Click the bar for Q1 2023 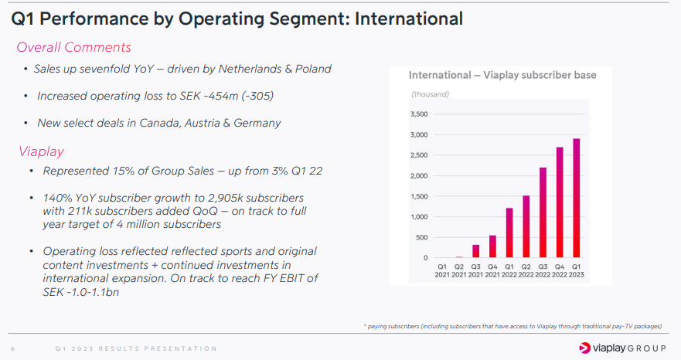click(577, 199)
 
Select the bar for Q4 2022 click(560, 202)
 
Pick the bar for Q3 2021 click(476, 251)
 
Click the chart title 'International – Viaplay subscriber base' click(502, 75)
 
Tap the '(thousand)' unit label click(430, 94)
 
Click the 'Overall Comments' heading click(73, 47)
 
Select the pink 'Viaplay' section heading click(41, 151)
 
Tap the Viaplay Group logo click(623, 348)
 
